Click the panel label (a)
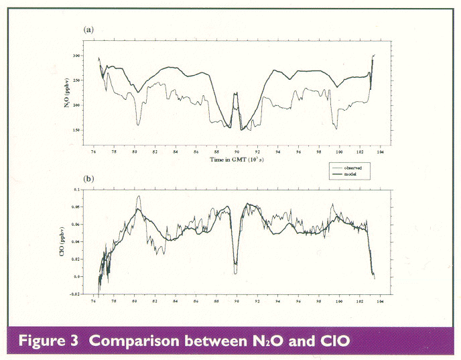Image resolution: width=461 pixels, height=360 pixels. (87, 30)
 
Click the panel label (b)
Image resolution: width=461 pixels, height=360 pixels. (87, 180)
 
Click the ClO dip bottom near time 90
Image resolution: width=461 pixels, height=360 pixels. (235, 273)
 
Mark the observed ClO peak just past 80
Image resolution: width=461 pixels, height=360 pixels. (139, 196)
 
